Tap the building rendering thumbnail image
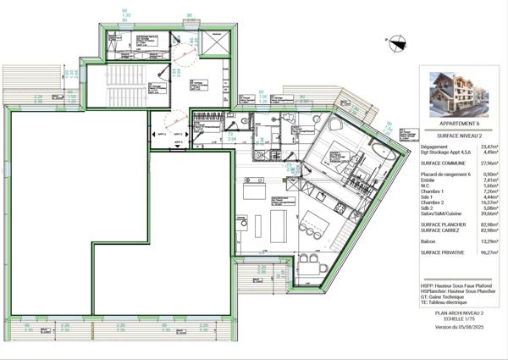tap(461, 93)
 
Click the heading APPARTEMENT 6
tap(461, 124)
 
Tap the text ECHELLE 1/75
tap(461, 319)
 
